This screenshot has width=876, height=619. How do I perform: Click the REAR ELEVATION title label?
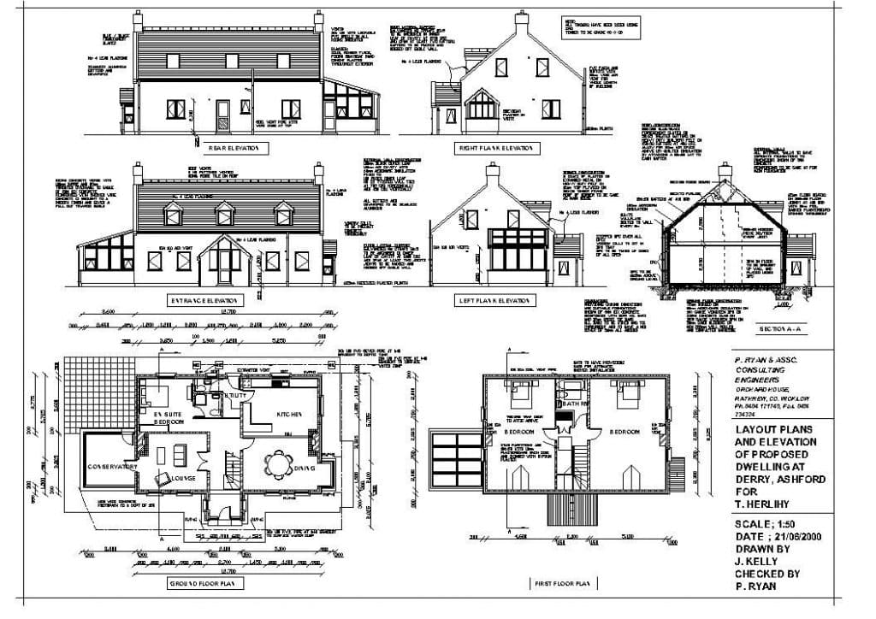[228, 148]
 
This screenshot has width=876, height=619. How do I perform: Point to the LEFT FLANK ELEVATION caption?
[494, 300]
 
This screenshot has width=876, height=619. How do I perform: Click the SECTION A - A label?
[780, 327]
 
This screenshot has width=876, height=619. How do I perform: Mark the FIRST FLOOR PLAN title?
[561, 583]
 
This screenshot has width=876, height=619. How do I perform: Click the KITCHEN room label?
[287, 414]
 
